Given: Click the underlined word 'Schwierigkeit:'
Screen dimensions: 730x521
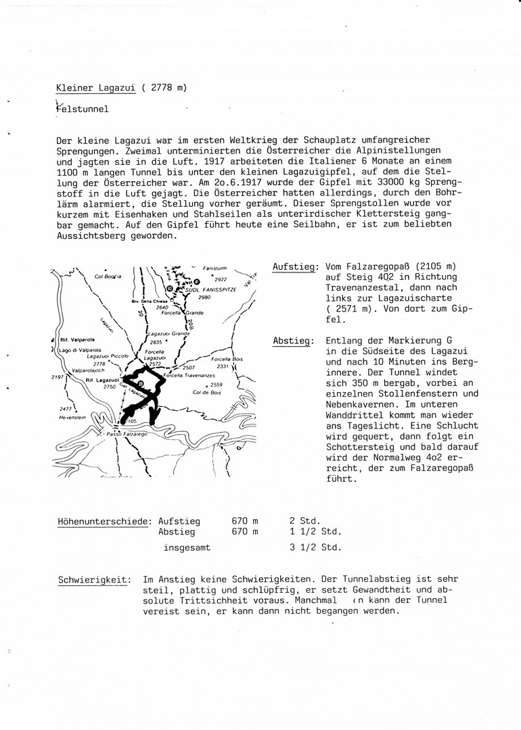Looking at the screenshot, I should (x=94, y=579).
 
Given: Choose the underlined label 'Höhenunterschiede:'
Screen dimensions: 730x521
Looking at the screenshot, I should (x=105, y=521).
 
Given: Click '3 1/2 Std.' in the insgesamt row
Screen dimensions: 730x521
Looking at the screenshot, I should (x=316, y=547).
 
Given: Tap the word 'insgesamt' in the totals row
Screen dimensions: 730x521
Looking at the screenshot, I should (x=187, y=547).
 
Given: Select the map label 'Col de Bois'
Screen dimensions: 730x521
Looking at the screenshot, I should (x=208, y=393).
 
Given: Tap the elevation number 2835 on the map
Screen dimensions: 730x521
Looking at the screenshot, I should (x=156, y=343).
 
